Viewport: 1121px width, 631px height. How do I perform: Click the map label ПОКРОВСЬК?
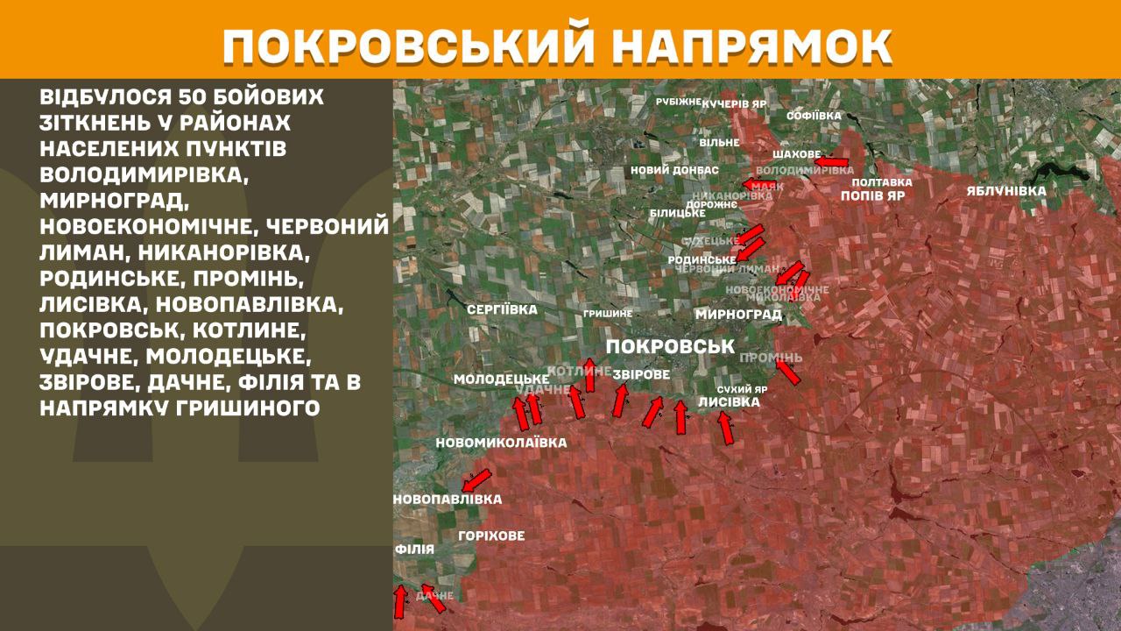pos(669,345)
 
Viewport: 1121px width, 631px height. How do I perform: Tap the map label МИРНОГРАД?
pos(738,314)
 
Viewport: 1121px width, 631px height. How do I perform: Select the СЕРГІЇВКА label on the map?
pos(502,310)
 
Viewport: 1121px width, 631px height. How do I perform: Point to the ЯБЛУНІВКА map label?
pos(1006,190)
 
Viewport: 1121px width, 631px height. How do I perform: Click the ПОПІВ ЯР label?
pos(872,196)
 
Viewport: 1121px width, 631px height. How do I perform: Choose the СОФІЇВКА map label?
pos(814,116)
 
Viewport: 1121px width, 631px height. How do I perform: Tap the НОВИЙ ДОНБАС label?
pos(674,170)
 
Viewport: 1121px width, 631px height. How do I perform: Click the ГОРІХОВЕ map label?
pos(491,535)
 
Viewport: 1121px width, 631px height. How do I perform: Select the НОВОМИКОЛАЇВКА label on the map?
pos(501,443)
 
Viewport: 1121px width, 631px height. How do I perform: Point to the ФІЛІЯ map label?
pos(414,549)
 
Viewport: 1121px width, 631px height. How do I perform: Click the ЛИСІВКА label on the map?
pos(729,402)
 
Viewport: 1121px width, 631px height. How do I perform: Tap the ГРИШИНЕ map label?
pos(608,314)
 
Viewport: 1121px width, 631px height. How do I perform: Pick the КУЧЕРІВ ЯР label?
pos(734,103)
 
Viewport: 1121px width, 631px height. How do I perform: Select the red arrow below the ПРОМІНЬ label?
pos(788,373)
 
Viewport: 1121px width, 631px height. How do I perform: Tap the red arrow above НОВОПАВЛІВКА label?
pos(477,479)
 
